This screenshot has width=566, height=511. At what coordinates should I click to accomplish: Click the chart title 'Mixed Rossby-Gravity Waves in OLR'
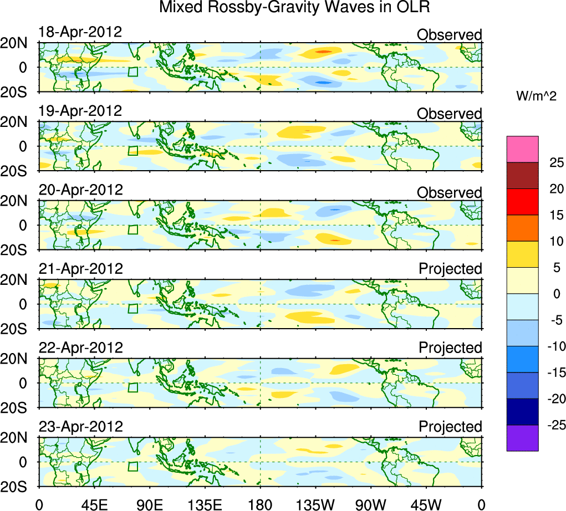pos(294,8)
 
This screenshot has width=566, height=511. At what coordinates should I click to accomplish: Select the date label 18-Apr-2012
pos(80,32)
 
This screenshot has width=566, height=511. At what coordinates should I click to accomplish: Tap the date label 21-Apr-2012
pos(80,269)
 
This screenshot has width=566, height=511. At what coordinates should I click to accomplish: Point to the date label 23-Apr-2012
pos(80,427)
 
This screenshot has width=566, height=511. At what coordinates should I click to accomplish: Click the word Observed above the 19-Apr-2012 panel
pos(449,114)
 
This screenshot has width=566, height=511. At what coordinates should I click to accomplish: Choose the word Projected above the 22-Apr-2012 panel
pos(450,348)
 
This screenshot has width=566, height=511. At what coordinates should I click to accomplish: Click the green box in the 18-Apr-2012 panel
pos(132,71)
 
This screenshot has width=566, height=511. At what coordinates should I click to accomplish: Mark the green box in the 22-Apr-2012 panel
pos(132,387)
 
